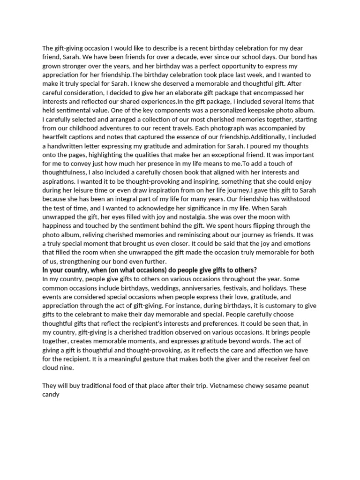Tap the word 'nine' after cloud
coord(69,368)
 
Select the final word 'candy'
coord(51,395)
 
